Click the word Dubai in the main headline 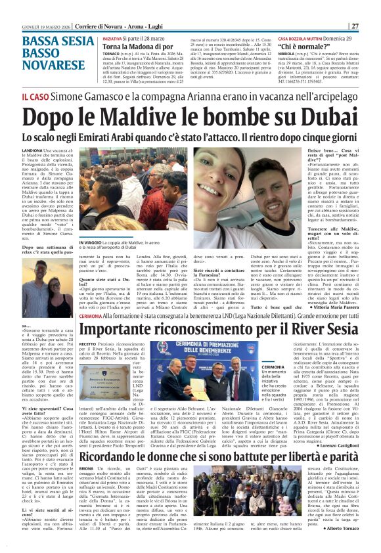319,119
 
